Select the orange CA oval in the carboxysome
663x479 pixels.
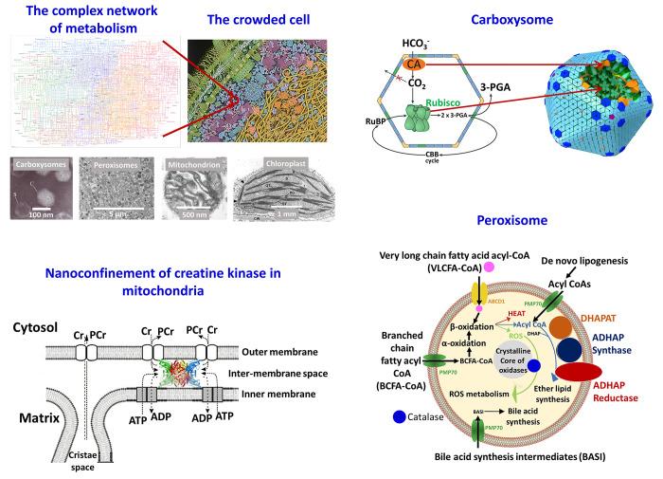[x=415, y=66]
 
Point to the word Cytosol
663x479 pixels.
[x=37, y=324]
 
